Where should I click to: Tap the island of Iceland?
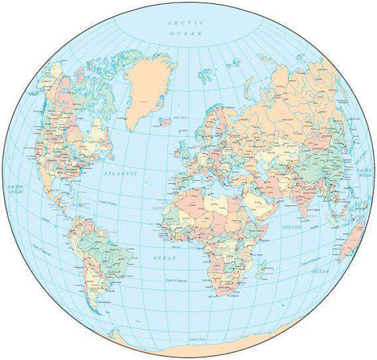click(x=166, y=122)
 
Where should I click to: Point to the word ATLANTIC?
click(x=121, y=173)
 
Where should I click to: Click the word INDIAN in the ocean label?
click(x=293, y=228)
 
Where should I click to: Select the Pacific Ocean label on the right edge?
click(x=364, y=172)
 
